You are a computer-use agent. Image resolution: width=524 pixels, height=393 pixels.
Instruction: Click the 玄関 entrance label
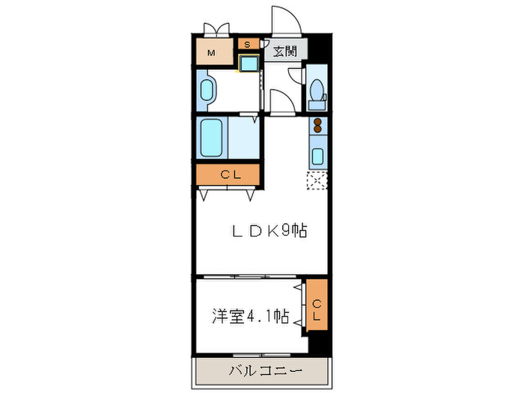[284, 52]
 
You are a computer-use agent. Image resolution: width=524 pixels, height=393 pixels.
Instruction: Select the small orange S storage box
[247, 43]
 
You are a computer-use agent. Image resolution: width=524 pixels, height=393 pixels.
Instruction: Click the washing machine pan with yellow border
[249, 63]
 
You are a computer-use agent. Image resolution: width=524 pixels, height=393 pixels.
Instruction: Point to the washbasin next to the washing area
[207, 90]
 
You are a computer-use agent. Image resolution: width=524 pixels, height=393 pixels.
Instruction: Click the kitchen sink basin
[317, 156]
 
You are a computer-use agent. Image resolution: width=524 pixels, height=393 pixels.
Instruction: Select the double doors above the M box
[216, 30]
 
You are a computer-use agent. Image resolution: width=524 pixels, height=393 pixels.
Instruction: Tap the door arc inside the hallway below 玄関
[278, 102]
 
